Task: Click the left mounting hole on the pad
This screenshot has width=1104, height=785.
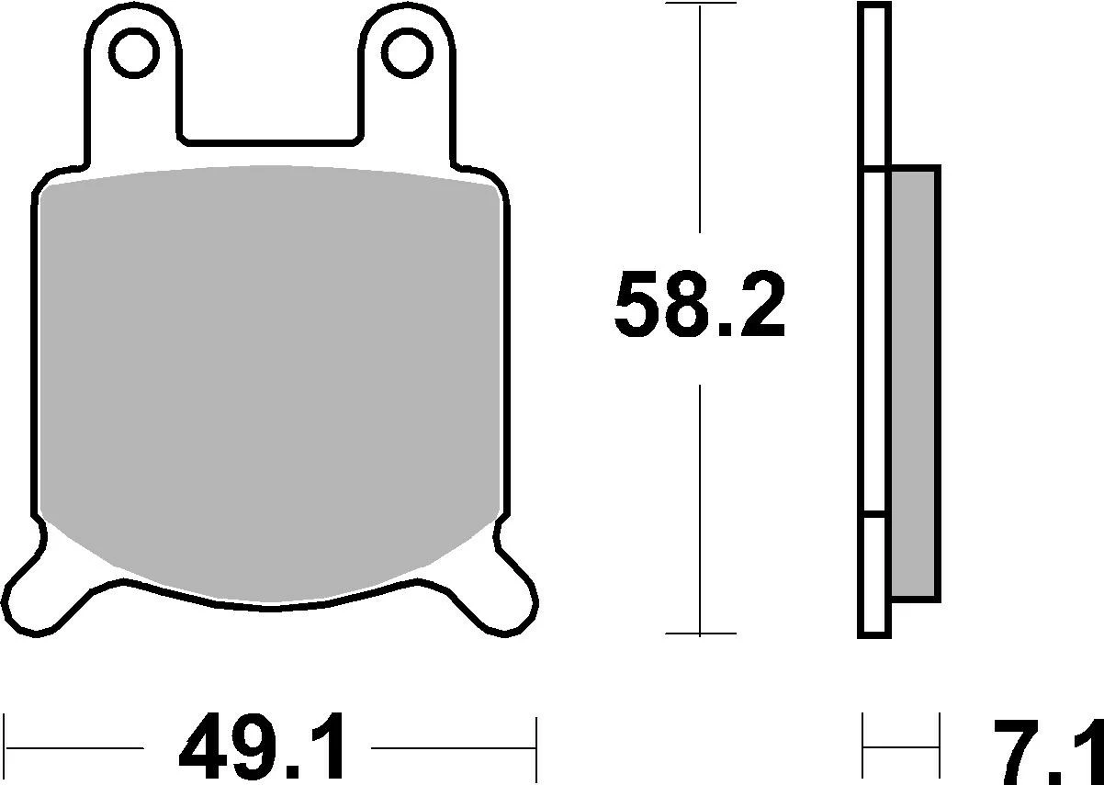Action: tap(135, 52)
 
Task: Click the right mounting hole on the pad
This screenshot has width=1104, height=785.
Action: tap(404, 52)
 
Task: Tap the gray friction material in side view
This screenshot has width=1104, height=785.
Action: tap(915, 382)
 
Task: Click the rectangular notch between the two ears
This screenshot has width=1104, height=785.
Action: tap(269, 110)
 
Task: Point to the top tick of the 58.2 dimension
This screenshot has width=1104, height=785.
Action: tap(700, 5)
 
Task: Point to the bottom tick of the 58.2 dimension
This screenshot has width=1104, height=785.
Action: tap(700, 634)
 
